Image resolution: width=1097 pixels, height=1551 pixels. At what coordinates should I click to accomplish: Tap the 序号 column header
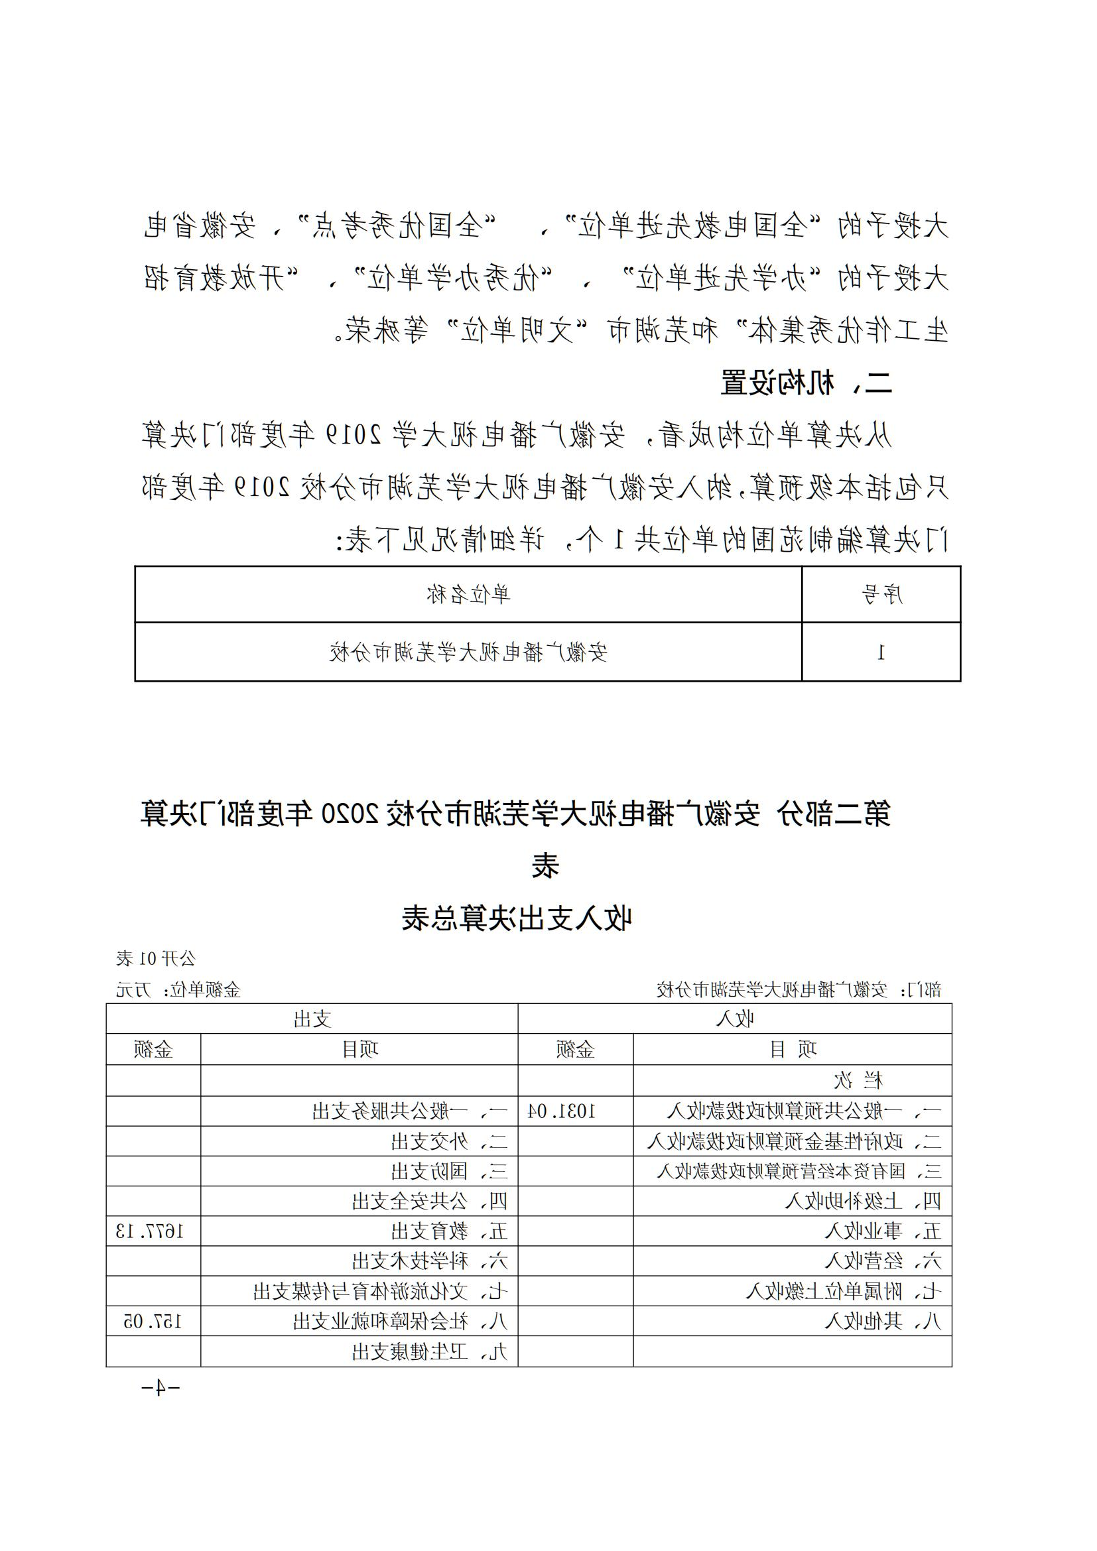click(881, 594)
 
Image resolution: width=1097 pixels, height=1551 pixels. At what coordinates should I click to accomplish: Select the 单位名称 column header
click(468, 594)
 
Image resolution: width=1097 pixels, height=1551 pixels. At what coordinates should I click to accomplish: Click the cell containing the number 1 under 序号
click(881, 652)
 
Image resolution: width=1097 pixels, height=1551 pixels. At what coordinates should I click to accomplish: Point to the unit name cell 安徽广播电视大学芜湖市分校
click(468, 652)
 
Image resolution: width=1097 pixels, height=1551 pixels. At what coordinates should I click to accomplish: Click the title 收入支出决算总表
click(517, 918)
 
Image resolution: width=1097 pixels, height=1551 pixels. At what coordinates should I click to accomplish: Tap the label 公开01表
click(155, 958)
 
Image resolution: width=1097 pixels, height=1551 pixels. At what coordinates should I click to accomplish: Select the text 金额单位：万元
click(178, 990)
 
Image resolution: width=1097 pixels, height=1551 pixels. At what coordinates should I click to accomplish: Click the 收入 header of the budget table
click(734, 1019)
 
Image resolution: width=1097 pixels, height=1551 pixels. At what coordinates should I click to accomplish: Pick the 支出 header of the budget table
click(312, 1019)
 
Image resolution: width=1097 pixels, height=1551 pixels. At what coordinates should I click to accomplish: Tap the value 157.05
click(153, 1322)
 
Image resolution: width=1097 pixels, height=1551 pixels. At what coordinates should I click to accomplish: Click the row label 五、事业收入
click(883, 1231)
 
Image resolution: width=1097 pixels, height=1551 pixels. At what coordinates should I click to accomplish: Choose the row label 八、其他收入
click(883, 1322)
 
